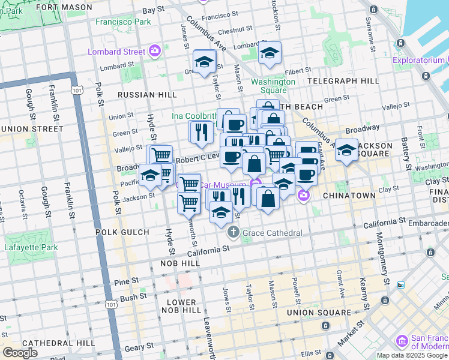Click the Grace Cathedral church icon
[x=233, y=232]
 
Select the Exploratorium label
[x=418, y=60]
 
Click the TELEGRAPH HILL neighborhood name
[x=343, y=80]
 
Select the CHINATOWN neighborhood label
[x=349, y=196]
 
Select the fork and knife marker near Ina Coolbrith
[x=200, y=131]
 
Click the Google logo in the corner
[x=20, y=353]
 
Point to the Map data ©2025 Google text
[x=412, y=355]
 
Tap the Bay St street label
[x=153, y=10]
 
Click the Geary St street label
[x=139, y=347]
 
